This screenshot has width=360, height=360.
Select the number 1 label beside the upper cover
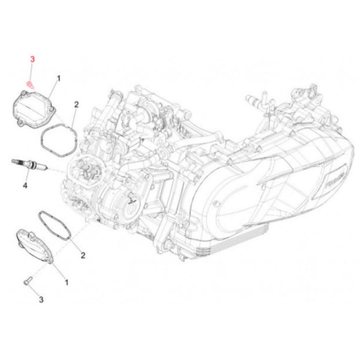coord(59,79)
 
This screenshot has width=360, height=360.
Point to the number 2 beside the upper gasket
coord(76,104)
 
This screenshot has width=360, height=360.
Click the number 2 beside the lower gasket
coord(83,255)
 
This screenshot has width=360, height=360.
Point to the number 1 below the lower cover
coord(67,281)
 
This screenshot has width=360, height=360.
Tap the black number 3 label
coord(41,298)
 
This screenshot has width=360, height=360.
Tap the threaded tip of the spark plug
coord(12,163)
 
